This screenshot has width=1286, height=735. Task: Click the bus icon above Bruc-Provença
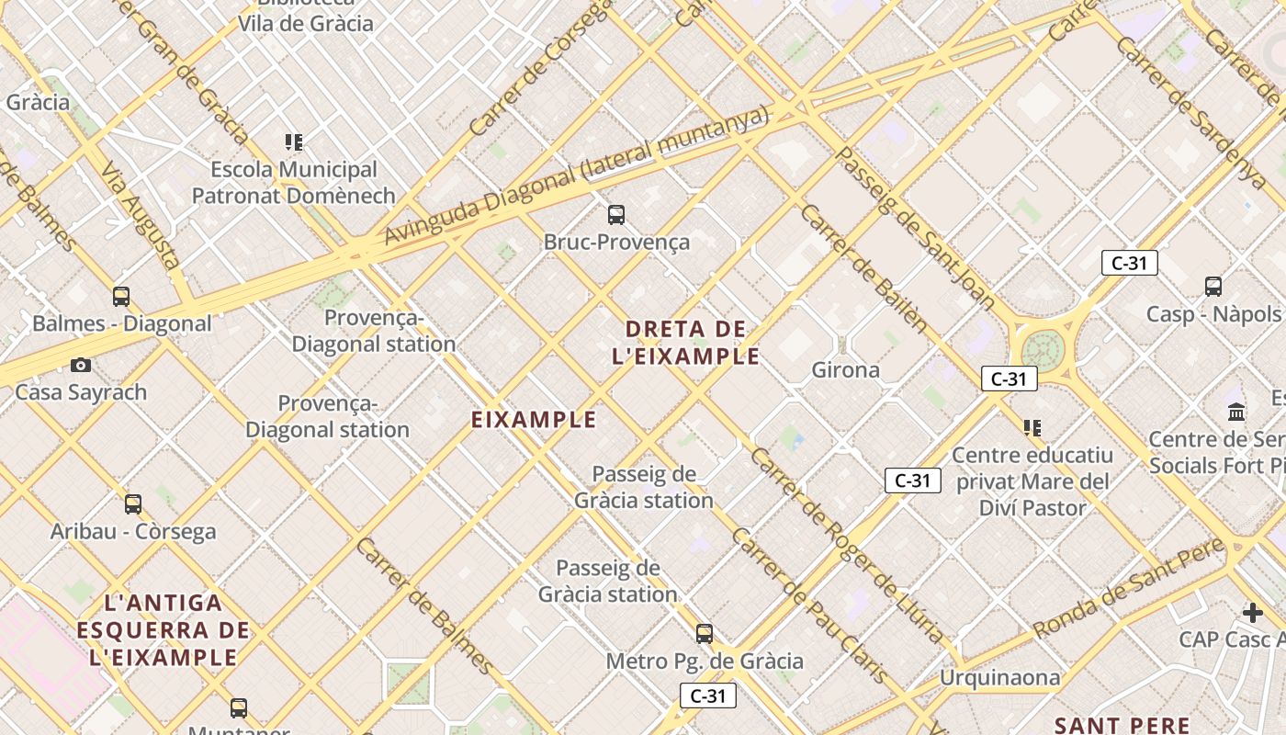616,215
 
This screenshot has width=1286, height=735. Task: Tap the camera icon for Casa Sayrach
81,366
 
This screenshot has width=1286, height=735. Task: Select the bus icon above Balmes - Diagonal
121,296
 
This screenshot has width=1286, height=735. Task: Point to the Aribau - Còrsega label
133,531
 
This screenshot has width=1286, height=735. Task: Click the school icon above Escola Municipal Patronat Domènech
294,142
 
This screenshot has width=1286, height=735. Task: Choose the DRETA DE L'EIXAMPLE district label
686,342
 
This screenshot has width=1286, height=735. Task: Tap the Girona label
845,370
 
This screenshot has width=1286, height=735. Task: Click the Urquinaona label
999,678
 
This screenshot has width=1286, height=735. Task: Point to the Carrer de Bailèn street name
864,267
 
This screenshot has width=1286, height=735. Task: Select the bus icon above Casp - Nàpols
1213,287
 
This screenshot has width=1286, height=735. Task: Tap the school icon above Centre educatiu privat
1032,428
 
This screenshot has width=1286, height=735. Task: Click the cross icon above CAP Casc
1253,613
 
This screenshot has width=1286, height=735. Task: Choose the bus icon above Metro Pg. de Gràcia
705,634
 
